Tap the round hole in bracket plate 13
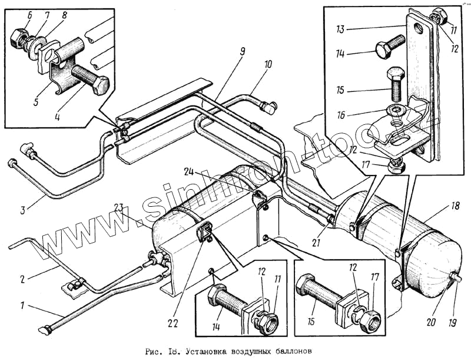(x=418, y=28)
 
